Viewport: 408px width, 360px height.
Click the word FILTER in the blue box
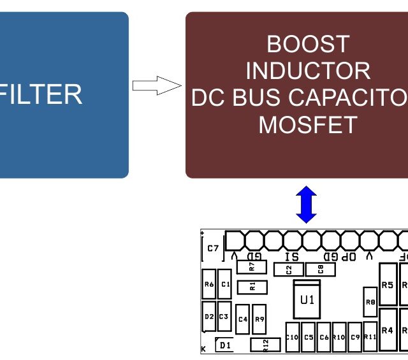point(42,95)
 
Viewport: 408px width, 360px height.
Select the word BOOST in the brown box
point(308,44)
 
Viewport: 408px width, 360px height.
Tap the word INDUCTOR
point(308,70)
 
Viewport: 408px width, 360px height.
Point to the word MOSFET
point(308,124)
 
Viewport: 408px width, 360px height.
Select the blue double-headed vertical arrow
point(307,205)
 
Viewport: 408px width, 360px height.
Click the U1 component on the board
point(307,299)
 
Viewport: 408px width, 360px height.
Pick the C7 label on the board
point(213,248)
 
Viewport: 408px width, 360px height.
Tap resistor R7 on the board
point(252,266)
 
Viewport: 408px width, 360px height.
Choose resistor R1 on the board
point(252,286)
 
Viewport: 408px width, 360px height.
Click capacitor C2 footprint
point(289,270)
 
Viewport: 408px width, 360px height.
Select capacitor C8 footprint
point(321,270)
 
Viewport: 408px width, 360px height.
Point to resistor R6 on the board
point(208,285)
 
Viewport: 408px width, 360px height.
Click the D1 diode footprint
point(224,345)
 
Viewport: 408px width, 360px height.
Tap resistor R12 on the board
point(266,345)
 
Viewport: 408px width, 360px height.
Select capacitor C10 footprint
point(292,337)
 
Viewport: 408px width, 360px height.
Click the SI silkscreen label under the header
point(293,256)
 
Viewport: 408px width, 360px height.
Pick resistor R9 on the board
point(259,319)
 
